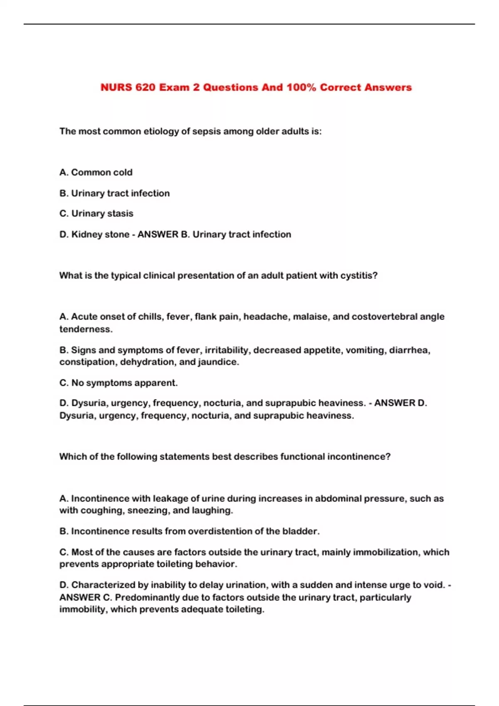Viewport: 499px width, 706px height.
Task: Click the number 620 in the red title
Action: [145, 88]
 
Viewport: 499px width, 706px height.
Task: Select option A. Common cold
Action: [96, 172]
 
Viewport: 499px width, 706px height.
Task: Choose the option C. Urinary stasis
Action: [96, 213]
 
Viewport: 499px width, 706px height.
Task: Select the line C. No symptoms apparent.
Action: [119, 383]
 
